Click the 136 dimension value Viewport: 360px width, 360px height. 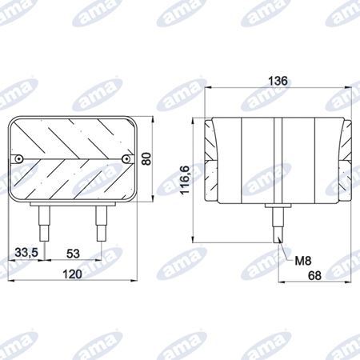[278, 81]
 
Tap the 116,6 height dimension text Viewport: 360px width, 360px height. [185, 179]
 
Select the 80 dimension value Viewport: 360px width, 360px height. [146, 158]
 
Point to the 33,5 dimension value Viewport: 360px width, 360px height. [26, 252]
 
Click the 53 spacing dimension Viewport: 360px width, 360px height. [73, 254]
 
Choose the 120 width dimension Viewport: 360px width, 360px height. [72, 274]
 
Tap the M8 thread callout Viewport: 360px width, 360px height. [303, 261]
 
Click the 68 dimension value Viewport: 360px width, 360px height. [314, 275]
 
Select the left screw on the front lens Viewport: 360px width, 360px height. [18, 159]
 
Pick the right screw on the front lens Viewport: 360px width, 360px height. [126, 159]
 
